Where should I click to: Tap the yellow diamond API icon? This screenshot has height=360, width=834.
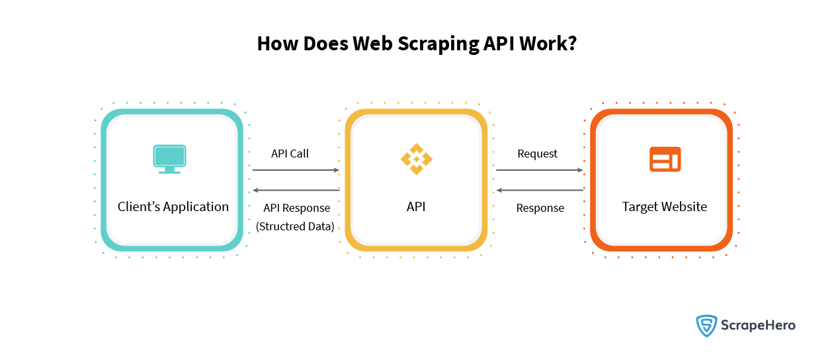[x=416, y=159]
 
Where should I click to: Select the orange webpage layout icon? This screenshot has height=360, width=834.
[x=665, y=159]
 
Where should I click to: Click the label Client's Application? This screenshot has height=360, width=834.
[x=173, y=206]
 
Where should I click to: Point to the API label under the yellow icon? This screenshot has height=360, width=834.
[x=416, y=206]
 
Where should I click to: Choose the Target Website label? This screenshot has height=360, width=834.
[x=665, y=206]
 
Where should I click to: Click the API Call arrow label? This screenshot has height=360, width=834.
[x=290, y=154]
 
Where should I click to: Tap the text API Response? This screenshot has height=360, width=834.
[x=296, y=208]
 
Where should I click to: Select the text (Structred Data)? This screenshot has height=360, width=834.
[x=295, y=227]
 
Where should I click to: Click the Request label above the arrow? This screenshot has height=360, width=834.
[x=537, y=154]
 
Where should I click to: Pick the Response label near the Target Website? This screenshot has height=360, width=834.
[x=540, y=208]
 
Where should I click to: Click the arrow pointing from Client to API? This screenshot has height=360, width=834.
[x=295, y=170]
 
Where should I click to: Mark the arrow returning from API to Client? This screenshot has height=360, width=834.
[x=295, y=191]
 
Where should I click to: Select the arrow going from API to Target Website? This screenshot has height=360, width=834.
[x=540, y=170]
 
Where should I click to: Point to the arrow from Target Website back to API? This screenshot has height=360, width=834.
[x=540, y=191]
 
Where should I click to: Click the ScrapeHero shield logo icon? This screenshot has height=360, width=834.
[x=707, y=326]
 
